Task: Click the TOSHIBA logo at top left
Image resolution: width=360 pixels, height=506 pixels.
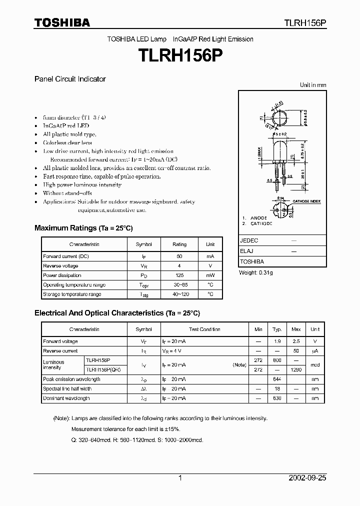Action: (x=62, y=22)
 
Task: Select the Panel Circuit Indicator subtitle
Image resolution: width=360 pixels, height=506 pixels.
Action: (x=69, y=79)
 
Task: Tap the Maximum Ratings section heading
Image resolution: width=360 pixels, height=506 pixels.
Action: (x=83, y=228)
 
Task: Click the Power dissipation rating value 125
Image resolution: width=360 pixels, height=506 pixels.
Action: (x=179, y=275)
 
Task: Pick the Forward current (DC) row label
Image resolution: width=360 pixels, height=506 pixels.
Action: (x=66, y=256)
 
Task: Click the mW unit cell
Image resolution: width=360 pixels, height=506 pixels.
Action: (x=210, y=275)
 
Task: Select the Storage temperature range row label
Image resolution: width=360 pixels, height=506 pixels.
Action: (x=72, y=294)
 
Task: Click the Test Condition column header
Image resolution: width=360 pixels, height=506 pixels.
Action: (x=204, y=329)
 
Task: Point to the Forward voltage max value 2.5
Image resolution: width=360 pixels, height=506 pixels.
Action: (x=296, y=341)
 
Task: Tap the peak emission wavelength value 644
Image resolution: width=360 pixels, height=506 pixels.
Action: (x=277, y=379)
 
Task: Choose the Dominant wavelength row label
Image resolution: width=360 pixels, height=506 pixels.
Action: (x=66, y=398)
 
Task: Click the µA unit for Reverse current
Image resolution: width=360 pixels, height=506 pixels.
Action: (x=315, y=351)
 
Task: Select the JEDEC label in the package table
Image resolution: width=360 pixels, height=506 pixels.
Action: (x=249, y=240)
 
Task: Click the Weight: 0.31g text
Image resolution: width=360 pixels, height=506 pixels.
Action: (x=256, y=272)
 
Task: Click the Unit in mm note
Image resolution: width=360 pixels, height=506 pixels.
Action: (x=313, y=85)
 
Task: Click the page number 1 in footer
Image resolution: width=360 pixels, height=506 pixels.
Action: (x=180, y=478)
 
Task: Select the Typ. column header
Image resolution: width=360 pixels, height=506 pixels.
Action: (x=277, y=329)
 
